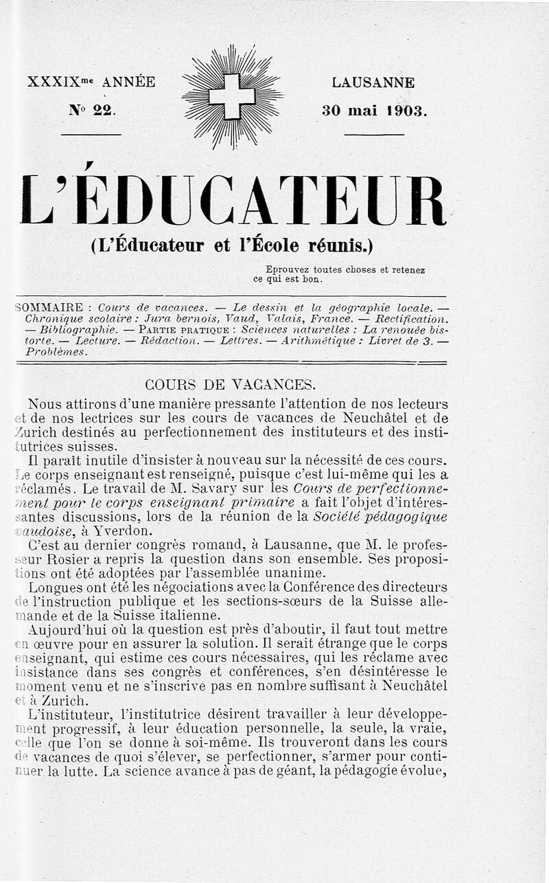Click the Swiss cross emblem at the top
232,96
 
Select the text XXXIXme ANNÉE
91,82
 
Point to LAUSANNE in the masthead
373,82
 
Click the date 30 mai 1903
374,110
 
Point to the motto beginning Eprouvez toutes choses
340,274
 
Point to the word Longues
56,588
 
